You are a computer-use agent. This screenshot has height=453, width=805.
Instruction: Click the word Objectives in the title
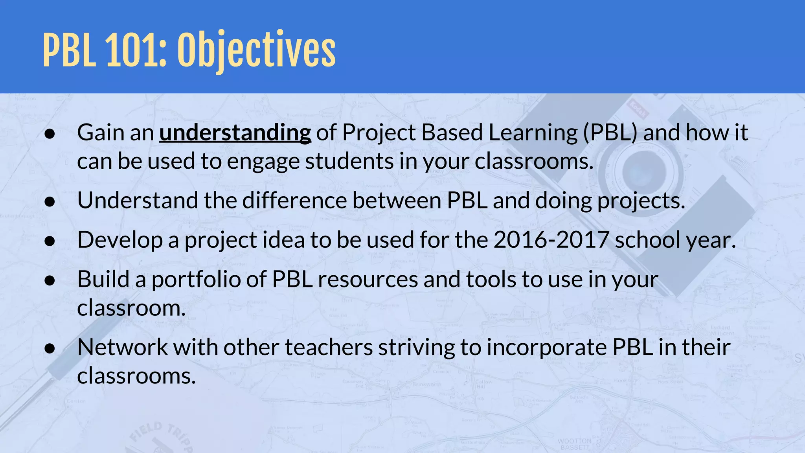[x=256, y=50]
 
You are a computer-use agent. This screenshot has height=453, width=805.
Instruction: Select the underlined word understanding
[x=235, y=133]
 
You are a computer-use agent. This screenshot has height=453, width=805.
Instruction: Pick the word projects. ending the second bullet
[x=641, y=201]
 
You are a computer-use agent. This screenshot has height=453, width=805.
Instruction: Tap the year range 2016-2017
[x=551, y=240]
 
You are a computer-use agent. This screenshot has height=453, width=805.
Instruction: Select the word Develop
[x=120, y=240]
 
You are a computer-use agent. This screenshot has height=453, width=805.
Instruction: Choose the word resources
[x=368, y=279]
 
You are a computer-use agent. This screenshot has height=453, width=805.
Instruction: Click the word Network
[x=123, y=347]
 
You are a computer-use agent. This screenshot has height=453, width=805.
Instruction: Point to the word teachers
[x=329, y=347]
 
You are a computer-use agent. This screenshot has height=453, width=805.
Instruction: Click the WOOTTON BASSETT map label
[x=575, y=444]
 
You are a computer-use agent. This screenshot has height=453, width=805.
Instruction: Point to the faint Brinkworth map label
[x=427, y=384]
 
